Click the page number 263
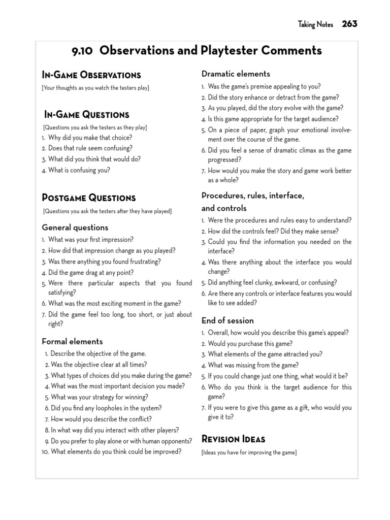pos(350,24)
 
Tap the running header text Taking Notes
pos(315,24)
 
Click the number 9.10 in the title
pos(84,50)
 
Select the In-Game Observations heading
pos(91,75)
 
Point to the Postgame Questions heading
pos(89,198)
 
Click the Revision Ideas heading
pos(234,439)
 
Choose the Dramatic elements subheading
pos(236,74)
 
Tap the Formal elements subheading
pos(72,341)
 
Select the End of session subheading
pos(227,320)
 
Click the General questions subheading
pos(75,227)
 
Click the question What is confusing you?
pos(79,170)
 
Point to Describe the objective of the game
pos(99,353)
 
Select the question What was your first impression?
pos(91,239)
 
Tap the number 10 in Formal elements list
pos(45,451)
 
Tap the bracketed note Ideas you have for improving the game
pos(249,452)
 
